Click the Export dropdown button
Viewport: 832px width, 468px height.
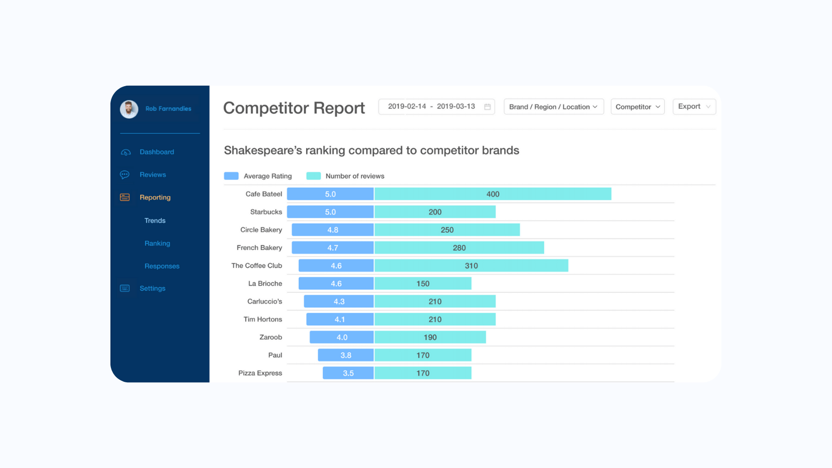tap(694, 106)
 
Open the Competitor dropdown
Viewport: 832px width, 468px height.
tap(637, 107)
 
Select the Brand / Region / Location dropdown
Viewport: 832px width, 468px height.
tap(553, 107)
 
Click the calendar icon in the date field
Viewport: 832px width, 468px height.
tap(487, 106)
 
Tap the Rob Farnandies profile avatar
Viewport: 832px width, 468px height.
tap(129, 109)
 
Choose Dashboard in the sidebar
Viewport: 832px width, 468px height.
tap(156, 152)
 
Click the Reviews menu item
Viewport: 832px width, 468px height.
tap(153, 175)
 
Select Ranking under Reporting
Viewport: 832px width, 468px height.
tap(157, 243)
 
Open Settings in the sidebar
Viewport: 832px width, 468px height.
tap(152, 288)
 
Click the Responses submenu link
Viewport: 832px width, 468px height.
tap(161, 266)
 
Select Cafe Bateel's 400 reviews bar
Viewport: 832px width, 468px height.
tap(493, 194)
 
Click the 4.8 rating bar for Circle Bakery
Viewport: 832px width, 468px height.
tap(332, 230)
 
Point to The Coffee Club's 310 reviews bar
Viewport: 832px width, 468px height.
tap(471, 266)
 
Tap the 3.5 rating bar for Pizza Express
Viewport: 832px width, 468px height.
tap(348, 373)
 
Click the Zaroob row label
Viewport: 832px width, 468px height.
tap(270, 337)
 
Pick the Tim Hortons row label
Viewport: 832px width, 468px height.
tap(262, 319)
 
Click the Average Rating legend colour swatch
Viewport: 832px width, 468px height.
tap(231, 176)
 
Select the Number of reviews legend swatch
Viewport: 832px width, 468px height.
tap(313, 176)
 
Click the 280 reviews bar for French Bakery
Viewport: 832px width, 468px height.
tap(459, 248)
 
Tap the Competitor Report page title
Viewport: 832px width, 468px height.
tap(294, 108)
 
